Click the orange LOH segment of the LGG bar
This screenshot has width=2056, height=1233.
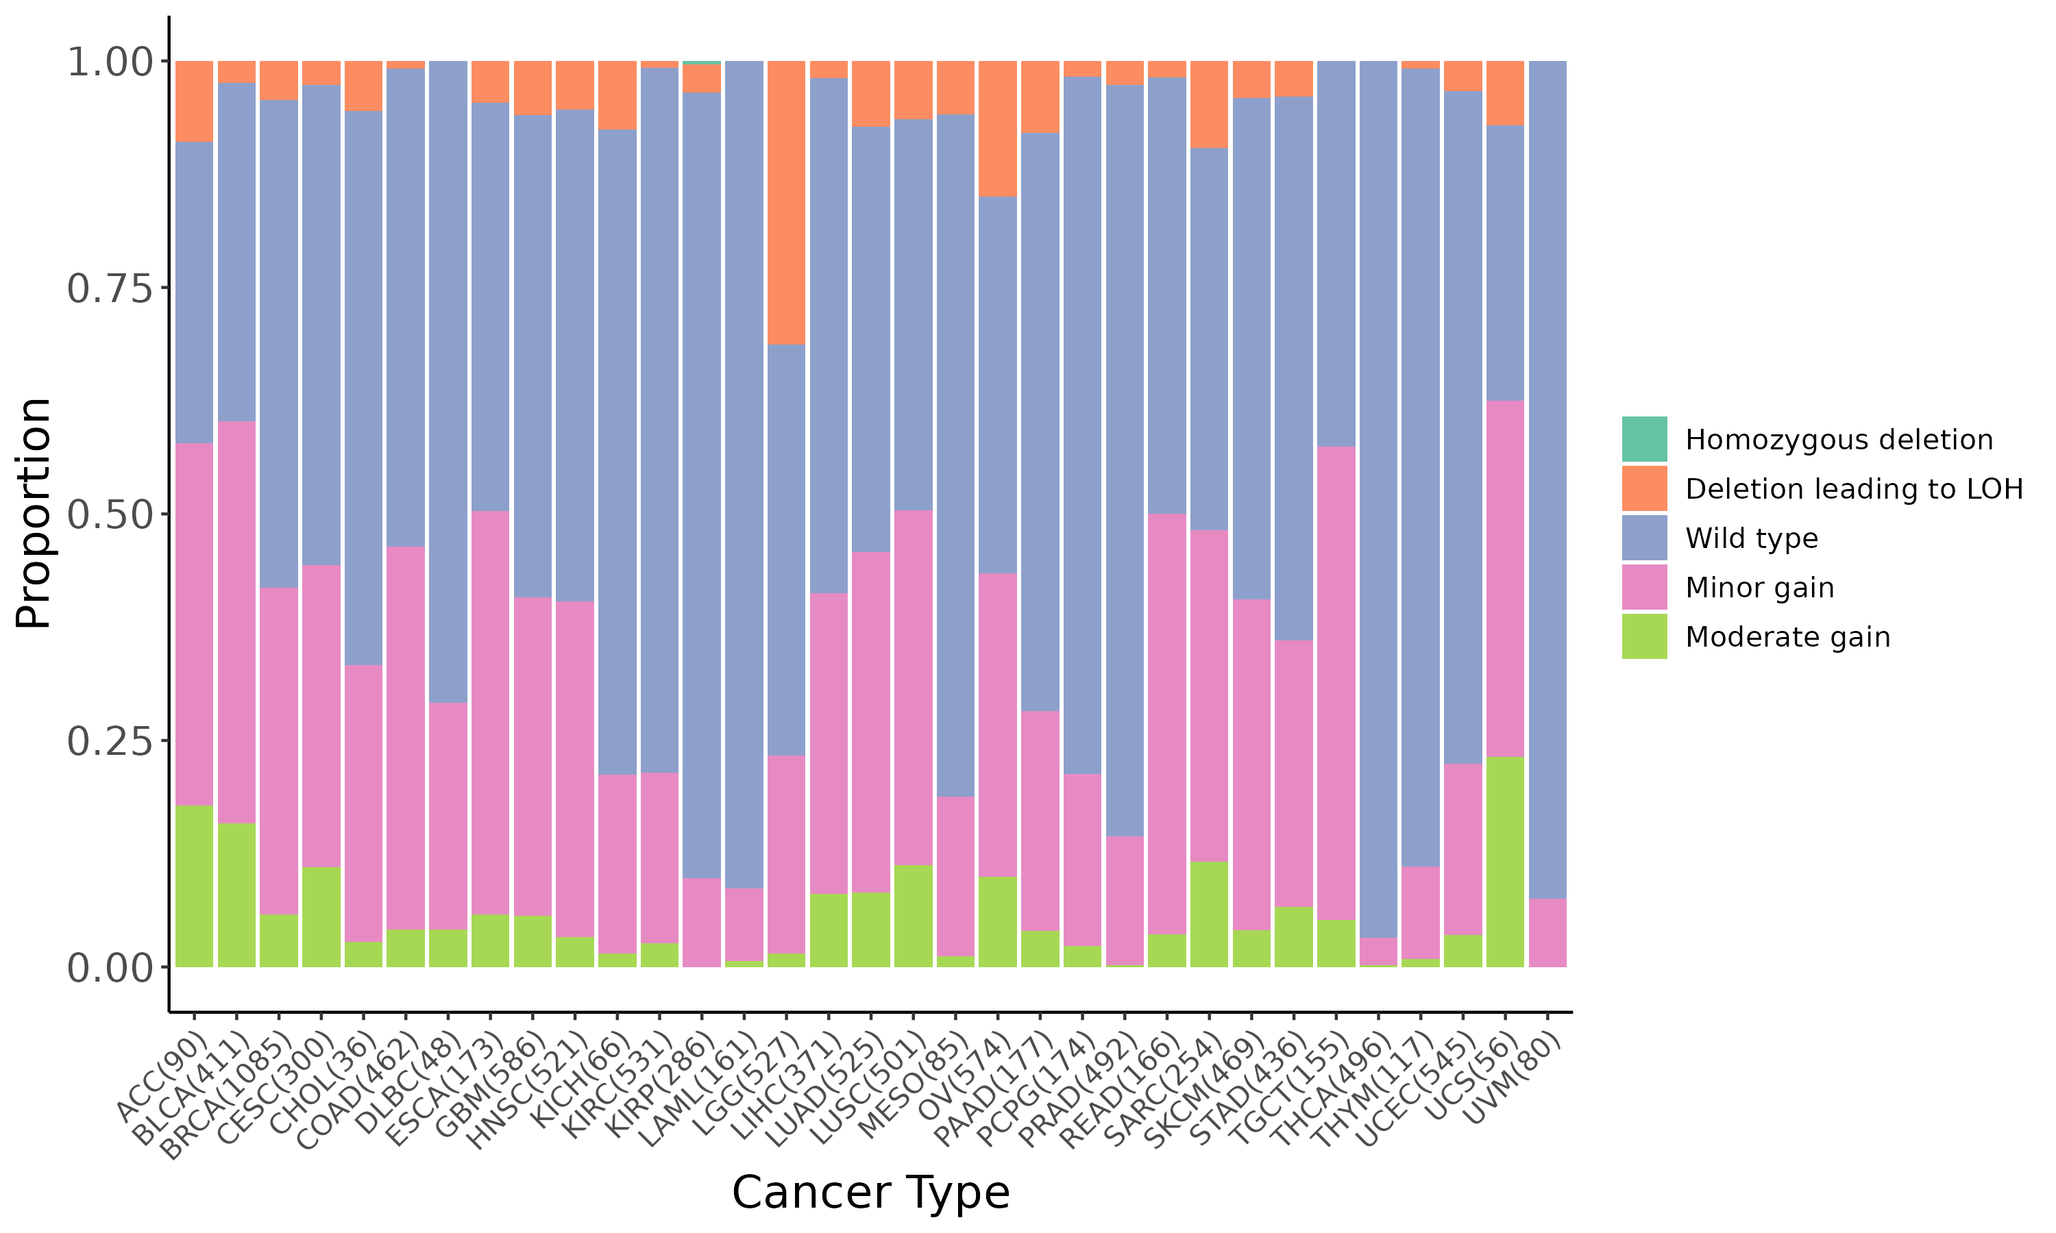[785, 202]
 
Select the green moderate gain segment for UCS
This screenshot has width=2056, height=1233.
[1504, 862]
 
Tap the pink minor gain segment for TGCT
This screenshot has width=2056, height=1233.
[1336, 683]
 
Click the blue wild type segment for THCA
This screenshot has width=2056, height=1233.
[1378, 499]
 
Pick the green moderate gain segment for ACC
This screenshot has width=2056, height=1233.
[194, 886]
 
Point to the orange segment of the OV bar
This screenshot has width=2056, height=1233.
[997, 128]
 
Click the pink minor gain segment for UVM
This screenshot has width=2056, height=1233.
[1547, 932]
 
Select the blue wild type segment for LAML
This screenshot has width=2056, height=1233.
[744, 473]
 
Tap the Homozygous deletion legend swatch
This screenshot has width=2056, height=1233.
[1644, 438]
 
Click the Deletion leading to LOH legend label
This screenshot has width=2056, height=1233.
[1853, 488]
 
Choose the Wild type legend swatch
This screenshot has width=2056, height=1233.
[1644, 538]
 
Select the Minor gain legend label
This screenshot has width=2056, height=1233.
[1759, 588]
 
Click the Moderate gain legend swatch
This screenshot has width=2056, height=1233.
[1644, 636]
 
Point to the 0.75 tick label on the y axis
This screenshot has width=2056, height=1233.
[110, 288]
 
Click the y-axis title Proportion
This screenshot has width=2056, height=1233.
[35, 512]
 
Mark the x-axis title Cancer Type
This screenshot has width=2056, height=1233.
[870, 1193]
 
